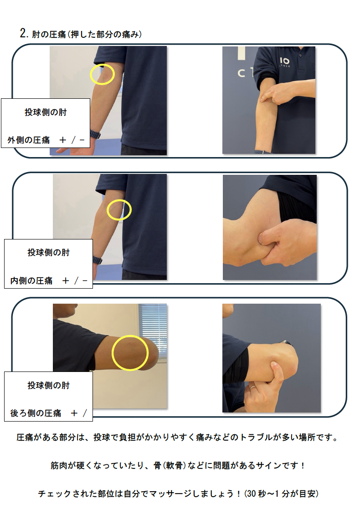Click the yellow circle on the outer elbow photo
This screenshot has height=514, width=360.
click(90, 74)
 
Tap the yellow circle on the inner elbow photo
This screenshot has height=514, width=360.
click(107, 210)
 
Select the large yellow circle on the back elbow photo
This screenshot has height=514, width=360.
click(112, 353)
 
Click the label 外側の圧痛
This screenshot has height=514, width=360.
click(29, 140)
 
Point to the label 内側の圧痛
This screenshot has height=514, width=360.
click(31, 280)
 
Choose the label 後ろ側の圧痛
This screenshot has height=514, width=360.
click(36, 413)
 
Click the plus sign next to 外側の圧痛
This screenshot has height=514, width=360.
click(63, 140)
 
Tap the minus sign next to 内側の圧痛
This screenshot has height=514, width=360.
click(85, 281)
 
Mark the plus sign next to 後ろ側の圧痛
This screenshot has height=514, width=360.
click(74, 413)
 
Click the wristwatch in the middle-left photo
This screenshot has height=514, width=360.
click(97, 260)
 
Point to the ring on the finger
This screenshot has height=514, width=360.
click(253, 387)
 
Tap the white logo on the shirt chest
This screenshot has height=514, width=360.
click(284, 61)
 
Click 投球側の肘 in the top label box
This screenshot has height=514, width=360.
click(46, 112)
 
